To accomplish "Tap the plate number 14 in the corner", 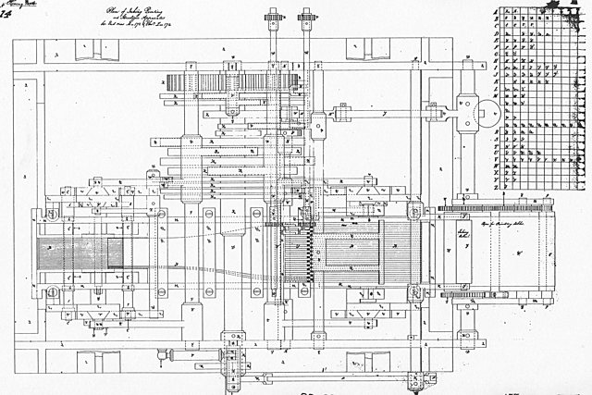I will tap(6, 17).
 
